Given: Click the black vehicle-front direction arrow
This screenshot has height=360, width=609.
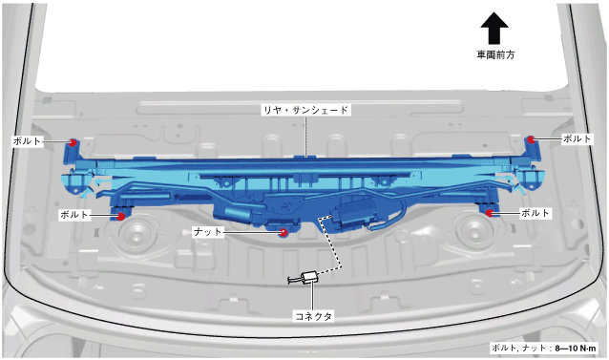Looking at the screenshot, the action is (x=494, y=28).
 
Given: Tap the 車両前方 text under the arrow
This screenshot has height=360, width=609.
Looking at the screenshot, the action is (x=495, y=54).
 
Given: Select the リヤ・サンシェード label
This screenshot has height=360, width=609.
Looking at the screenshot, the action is (x=306, y=110).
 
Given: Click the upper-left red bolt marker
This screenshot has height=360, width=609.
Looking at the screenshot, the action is (x=73, y=142).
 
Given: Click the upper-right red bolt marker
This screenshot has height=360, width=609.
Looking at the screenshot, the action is (x=532, y=139).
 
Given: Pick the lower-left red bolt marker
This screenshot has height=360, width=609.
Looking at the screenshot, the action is (x=121, y=216).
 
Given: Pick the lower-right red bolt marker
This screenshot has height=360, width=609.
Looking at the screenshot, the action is (x=489, y=213).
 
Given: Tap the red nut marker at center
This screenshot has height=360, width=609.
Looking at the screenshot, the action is (x=283, y=232).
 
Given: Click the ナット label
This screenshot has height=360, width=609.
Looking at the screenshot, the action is (x=208, y=232).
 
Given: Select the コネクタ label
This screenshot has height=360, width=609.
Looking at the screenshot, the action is (x=313, y=316).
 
